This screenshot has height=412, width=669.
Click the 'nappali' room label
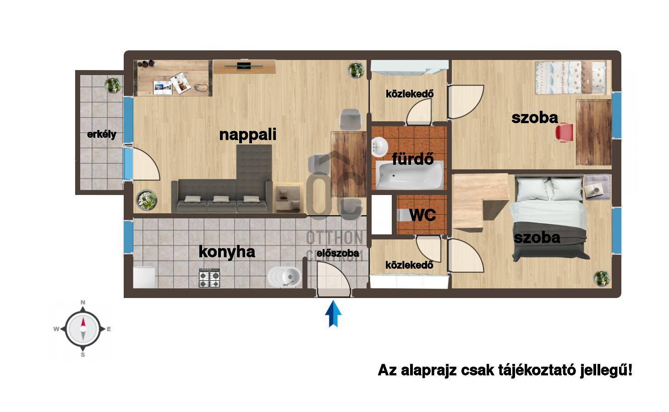click(x=247, y=135)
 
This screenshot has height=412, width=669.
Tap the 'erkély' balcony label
click(x=102, y=134)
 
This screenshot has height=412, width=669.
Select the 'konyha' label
click(x=227, y=252)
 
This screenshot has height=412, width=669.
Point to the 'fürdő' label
click(x=413, y=158)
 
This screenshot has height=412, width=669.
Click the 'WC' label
click(x=422, y=215)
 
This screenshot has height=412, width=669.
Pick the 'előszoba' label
click(x=338, y=254)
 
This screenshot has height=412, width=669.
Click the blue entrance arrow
click(x=333, y=314)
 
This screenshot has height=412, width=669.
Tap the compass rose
click(x=83, y=329)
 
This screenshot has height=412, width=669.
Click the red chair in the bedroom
click(x=565, y=132)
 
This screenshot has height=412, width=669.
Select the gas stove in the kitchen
click(x=209, y=278)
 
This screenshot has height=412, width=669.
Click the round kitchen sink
click(x=284, y=277)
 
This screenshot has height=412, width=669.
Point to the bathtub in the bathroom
click(x=410, y=175)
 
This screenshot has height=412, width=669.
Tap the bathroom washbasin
click(x=379, y=147)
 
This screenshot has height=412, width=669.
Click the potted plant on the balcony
click(x=113, y=85)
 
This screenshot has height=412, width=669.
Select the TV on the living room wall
click(x=244, y=66)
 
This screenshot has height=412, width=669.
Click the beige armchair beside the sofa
click(x=288, y=197)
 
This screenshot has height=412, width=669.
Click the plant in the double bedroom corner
click(x=602, y=278)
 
